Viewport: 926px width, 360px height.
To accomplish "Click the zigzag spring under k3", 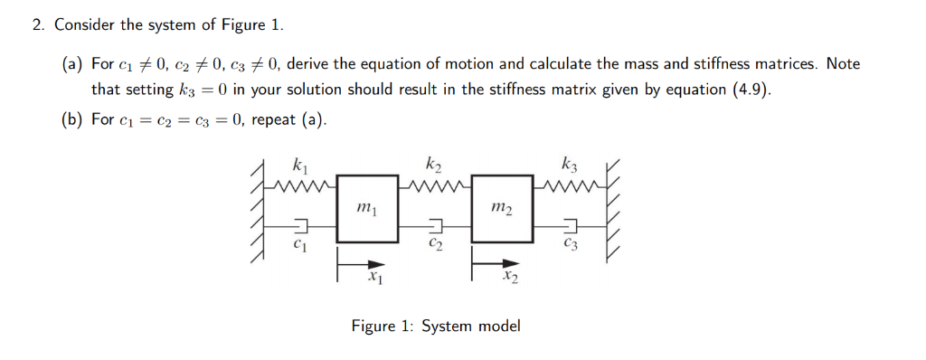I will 570,187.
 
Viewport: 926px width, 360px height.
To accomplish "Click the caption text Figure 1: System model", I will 436,326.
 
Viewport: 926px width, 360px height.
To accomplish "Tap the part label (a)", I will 73,64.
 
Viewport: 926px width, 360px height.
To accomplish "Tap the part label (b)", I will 73,119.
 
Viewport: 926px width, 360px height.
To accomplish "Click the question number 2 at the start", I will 37,24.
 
